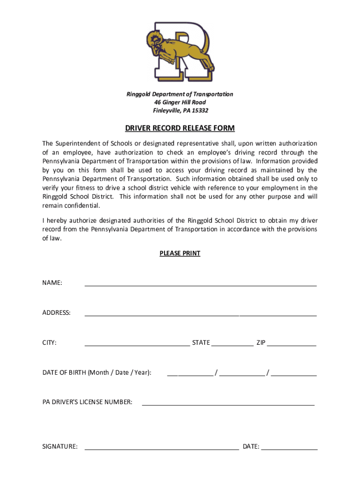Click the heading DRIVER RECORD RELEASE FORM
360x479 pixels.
click(180, 128)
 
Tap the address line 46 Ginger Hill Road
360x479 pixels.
click(180, 102)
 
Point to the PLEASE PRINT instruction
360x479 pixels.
click(180, 254)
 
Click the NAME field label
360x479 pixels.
click(52, 283)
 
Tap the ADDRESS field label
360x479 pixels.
click(57, 313)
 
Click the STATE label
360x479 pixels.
click(201, 343)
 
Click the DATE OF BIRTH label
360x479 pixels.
click(97, 373)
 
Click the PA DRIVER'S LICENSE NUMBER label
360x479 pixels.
click(87, 402)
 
